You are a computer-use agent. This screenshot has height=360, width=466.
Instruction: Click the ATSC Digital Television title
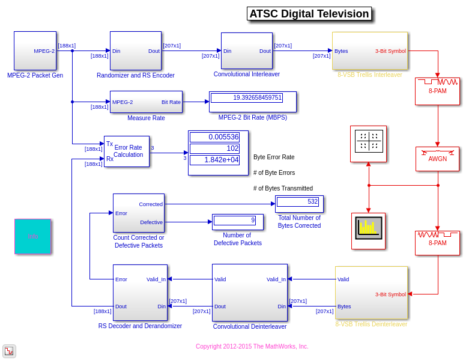(309, 14)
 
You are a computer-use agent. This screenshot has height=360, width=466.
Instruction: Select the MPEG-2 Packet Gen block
(35, 50)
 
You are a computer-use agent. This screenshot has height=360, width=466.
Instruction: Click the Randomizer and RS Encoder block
(135, 50)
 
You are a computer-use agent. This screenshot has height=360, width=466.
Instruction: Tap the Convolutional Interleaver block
(246, 50)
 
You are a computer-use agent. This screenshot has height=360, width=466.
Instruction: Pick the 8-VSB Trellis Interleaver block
(369, 50)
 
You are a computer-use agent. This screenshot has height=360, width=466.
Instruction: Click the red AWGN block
(437, 159)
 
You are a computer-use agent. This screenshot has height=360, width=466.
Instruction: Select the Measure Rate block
(146, 102)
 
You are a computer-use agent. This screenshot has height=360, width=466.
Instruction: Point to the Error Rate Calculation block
(127, 151)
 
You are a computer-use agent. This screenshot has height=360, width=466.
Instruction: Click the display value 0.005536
(214, 137)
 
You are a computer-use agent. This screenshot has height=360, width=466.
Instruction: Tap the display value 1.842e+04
(214, 160)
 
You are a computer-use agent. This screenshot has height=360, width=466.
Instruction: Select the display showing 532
(298, 202)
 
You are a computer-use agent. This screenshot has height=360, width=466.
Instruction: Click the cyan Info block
(32, 236)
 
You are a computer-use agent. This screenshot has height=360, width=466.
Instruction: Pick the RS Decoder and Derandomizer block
(140, 292)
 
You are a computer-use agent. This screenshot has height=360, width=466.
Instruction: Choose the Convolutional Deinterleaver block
(249, 292)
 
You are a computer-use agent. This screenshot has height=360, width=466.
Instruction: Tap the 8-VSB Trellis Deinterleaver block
(371, 292)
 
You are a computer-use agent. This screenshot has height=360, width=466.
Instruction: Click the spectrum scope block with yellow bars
(368, 230)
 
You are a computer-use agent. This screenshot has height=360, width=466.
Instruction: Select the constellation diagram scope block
(368, 143)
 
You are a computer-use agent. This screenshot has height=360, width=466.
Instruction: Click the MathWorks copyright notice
(252, 346)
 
